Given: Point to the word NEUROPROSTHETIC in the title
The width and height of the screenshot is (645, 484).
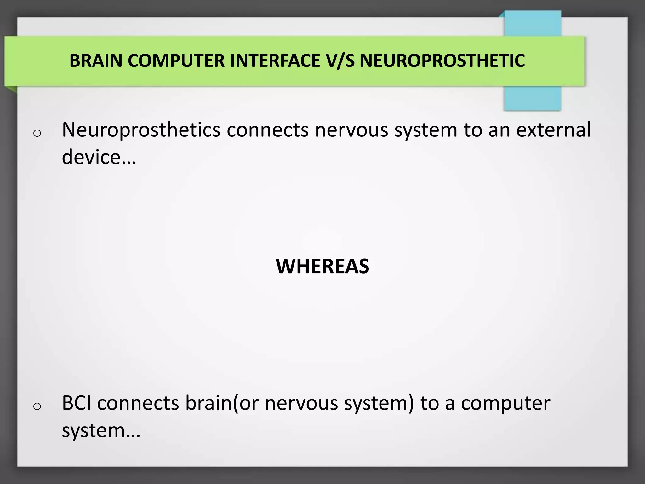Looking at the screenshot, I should click(442, 61).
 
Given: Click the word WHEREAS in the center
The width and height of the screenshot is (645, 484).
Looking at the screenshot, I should click(322, 266).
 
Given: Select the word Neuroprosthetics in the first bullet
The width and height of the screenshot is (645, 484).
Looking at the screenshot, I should click(141, 130).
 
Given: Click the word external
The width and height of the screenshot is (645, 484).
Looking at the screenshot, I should click(553, 130).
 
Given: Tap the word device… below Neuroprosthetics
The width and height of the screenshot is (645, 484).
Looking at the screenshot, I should click(99, 157).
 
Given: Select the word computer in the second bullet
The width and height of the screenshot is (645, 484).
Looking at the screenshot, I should click(505, 403).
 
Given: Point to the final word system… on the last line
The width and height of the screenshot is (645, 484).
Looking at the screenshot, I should click(101, 430).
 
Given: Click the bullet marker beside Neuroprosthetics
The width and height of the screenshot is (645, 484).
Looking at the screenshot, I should click(37, 133).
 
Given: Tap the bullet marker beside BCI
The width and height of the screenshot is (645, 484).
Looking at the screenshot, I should click(37, 406).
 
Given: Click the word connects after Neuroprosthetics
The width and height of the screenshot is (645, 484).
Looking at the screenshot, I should click(267, 130).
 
